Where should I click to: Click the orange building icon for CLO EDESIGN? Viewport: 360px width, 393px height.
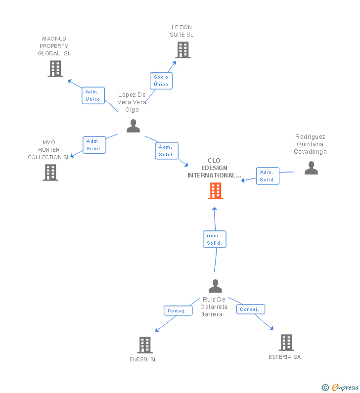215,191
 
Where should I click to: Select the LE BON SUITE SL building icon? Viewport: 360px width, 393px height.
183,50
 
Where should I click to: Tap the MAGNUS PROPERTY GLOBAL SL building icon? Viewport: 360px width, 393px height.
55,69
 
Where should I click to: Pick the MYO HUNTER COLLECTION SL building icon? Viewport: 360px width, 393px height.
50,173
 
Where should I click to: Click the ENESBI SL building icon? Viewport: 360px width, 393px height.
145,345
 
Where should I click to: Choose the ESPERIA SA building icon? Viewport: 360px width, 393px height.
286,343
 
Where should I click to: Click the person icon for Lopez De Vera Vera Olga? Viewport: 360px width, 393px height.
133,126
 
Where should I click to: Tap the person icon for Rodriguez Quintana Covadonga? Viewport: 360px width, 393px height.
311,168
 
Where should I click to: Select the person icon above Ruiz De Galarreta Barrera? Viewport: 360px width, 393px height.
215,286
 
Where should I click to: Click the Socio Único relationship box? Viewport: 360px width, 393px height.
161,81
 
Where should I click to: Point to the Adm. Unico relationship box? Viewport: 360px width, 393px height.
93,95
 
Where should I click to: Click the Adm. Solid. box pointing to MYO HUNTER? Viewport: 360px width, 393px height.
94,145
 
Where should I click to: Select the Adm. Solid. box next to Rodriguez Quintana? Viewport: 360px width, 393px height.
268,176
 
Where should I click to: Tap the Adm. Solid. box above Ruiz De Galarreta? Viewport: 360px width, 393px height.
214,239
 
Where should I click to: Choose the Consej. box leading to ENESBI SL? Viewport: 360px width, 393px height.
178,311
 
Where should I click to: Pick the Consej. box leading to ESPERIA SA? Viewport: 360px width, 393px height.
250,309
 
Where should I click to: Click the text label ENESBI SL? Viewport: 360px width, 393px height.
143,359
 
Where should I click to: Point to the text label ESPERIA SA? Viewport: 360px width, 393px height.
284,357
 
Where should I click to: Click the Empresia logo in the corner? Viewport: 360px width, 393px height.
340,388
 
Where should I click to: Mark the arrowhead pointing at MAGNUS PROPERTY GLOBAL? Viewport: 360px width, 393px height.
70,81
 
